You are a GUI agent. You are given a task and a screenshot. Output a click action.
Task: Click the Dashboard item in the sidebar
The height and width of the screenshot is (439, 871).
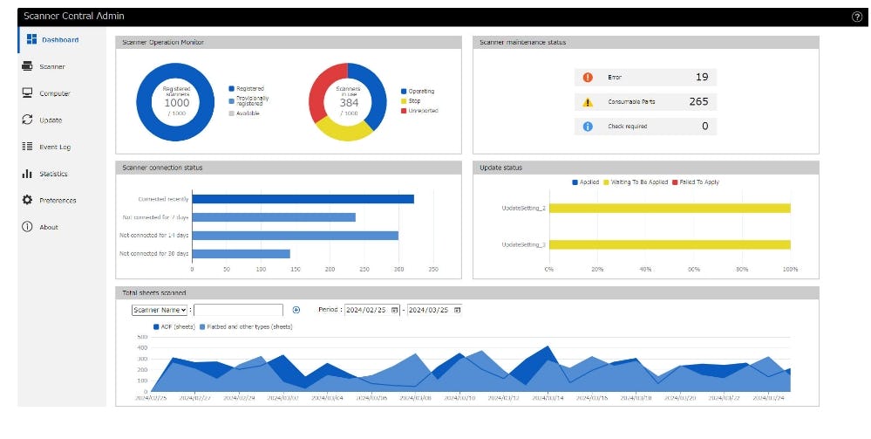tap(59, 40)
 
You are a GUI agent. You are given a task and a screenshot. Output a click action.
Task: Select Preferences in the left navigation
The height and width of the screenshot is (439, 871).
tap(58, 201)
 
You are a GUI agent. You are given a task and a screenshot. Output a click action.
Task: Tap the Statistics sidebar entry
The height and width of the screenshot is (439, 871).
tap(53, 174)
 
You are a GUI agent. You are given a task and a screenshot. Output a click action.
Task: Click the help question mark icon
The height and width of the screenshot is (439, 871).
tap(856, 17)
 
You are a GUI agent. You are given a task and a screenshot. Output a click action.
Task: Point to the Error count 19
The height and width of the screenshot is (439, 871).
tap(702, 77)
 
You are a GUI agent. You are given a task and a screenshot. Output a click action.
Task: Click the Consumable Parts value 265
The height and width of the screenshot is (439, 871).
tap(698, 101)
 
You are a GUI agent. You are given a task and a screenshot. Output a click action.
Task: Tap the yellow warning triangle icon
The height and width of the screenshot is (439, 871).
tap(588, 102)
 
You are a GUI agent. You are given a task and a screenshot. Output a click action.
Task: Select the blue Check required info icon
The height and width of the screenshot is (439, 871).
tap(588, 127)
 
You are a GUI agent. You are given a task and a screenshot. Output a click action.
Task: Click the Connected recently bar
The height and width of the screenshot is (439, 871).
tap(303, 199)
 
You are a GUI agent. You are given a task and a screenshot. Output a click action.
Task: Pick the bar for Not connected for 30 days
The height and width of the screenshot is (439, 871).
tap(242, 253)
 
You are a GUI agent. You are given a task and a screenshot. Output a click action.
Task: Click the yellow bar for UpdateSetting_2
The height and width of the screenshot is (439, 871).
tap(670, 208)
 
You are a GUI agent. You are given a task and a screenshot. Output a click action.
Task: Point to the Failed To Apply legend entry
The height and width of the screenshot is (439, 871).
tap(697, 182)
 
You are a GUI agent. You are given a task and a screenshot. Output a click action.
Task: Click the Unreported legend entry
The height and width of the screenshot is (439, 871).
tap(423, 111)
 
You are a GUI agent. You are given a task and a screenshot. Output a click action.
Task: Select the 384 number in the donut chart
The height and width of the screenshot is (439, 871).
tap(349, 102)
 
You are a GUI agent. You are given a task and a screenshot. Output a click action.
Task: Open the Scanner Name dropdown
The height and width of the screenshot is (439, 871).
tap(160, 310)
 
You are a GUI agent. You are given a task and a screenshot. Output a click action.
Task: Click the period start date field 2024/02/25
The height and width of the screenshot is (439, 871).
tap(366, 310)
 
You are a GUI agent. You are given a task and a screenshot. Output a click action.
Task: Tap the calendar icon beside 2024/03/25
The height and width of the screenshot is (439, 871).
tap(458, 310)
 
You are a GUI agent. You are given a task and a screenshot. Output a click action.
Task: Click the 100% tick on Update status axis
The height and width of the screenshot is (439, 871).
tap(791, 269)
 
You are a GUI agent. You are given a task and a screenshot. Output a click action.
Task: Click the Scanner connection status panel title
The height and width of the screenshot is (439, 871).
tap(164, 167)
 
